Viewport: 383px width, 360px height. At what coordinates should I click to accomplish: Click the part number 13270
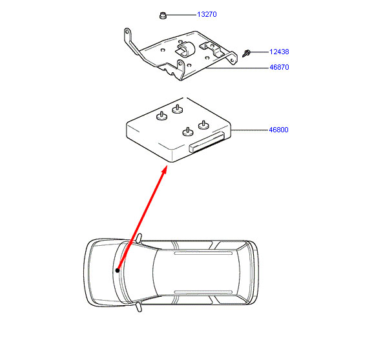tap(207, 14)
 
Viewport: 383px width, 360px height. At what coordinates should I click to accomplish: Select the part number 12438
tap(279, 52)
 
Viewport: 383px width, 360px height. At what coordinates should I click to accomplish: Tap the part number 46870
tap(279, 67)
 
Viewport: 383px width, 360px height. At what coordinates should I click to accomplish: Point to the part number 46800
tap(278, 130)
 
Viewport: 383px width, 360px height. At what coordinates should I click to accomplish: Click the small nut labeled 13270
tap(162, 15)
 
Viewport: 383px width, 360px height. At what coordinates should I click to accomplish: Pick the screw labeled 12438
tap(246, 53)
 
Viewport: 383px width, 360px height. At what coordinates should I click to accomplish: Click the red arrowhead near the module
tap(164, 170)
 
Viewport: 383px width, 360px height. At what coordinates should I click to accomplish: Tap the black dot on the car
tap(118, 270)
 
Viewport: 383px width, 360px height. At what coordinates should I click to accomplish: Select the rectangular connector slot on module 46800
tap(207, 143)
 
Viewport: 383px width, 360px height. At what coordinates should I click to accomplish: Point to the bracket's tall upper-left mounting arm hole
tap(127, 32)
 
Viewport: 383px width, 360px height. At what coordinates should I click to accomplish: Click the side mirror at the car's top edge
tap(139, 238)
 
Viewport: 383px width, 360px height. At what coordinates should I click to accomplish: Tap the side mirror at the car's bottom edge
tap(139, 307)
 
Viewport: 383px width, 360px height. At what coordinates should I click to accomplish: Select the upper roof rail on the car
tap(203, 254)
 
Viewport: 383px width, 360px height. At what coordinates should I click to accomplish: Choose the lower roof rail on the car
tap(203, 292)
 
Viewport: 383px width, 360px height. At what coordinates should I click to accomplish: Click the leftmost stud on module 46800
tap(161, 116)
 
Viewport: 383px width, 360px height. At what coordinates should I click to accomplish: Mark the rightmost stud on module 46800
tap(203, 125)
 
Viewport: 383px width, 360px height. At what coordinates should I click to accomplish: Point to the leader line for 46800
tap(249, 130)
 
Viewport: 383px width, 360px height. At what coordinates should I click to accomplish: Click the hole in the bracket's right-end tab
tap(232, 59)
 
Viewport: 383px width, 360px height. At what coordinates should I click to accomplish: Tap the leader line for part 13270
tap(181, 15)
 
